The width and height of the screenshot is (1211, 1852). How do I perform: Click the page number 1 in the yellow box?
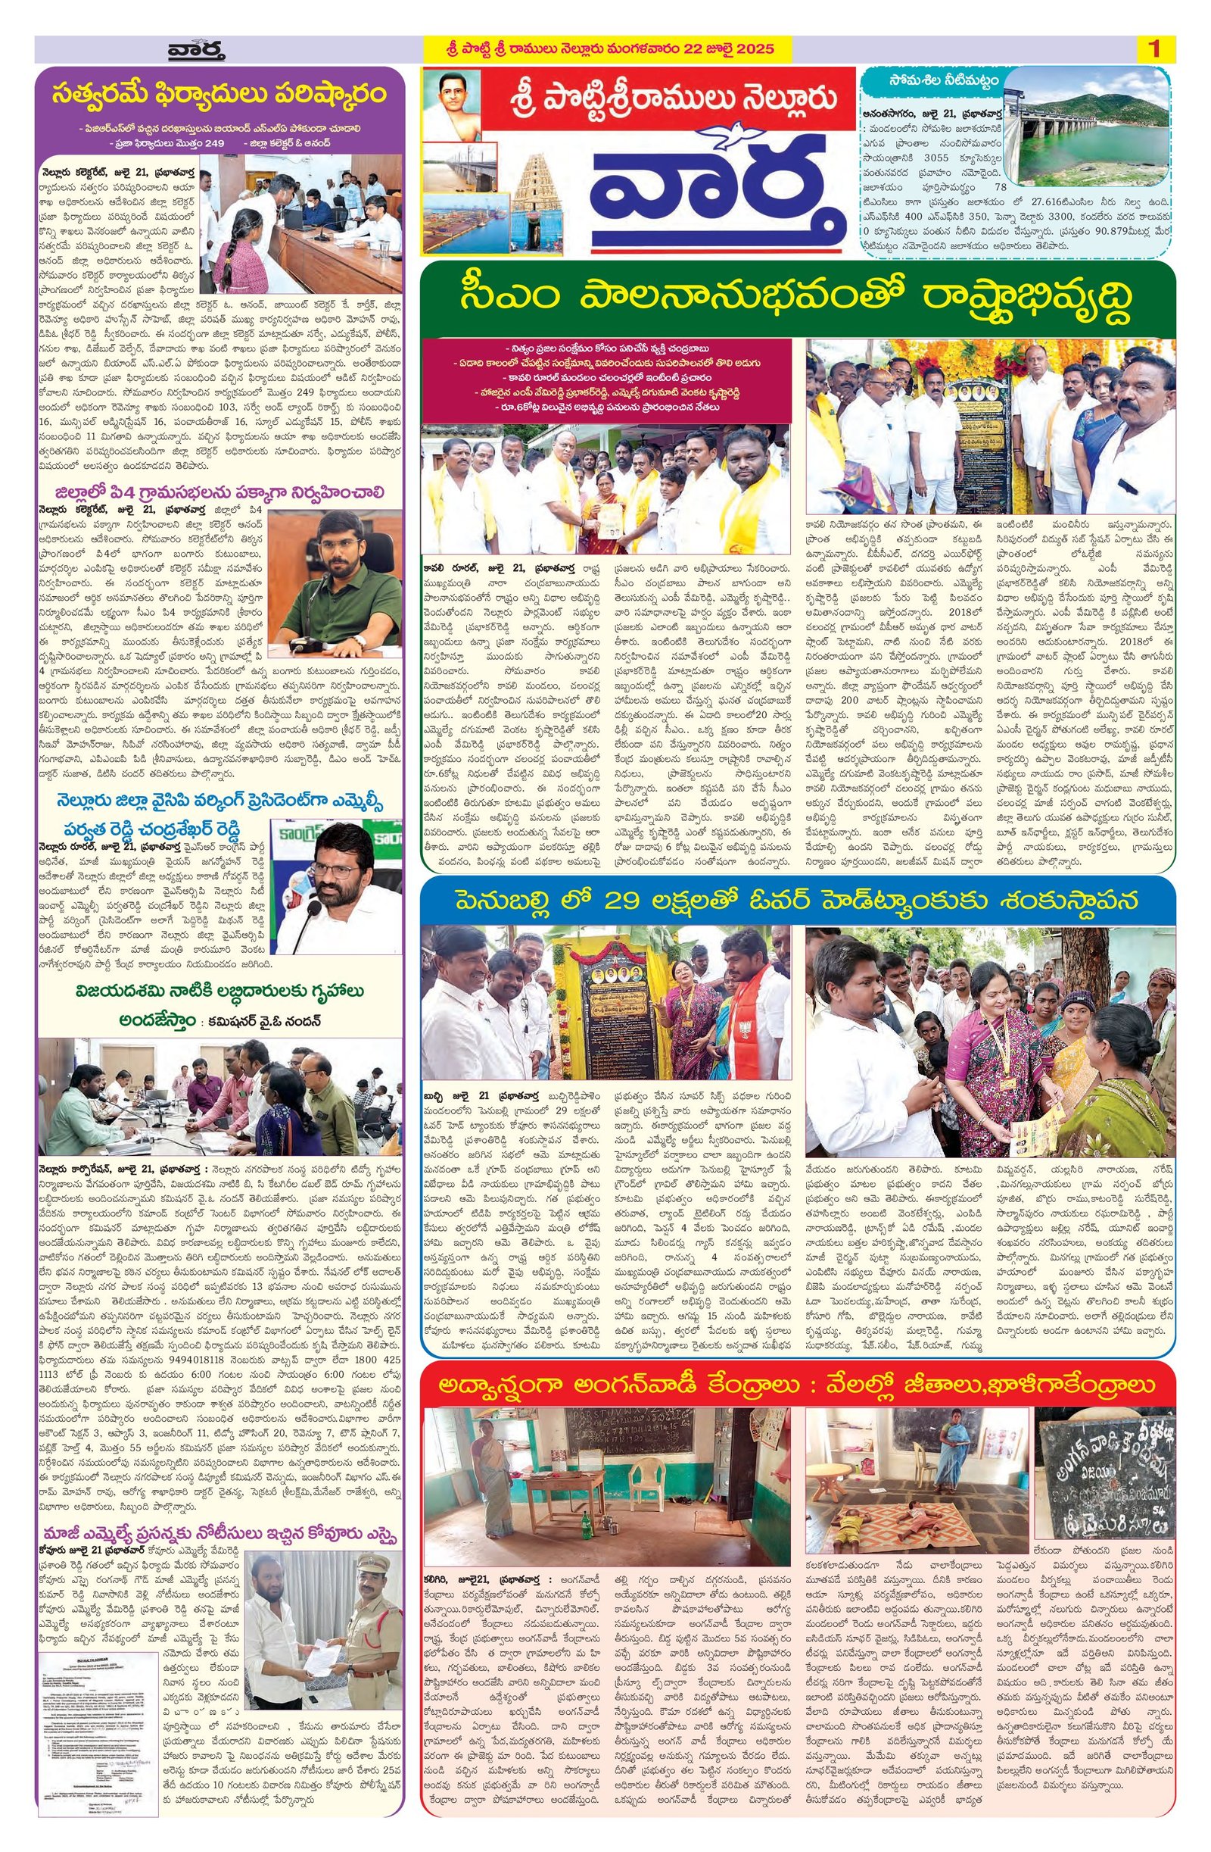coord(1153,50)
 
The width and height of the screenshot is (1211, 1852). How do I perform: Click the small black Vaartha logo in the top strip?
coord(196,51)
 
